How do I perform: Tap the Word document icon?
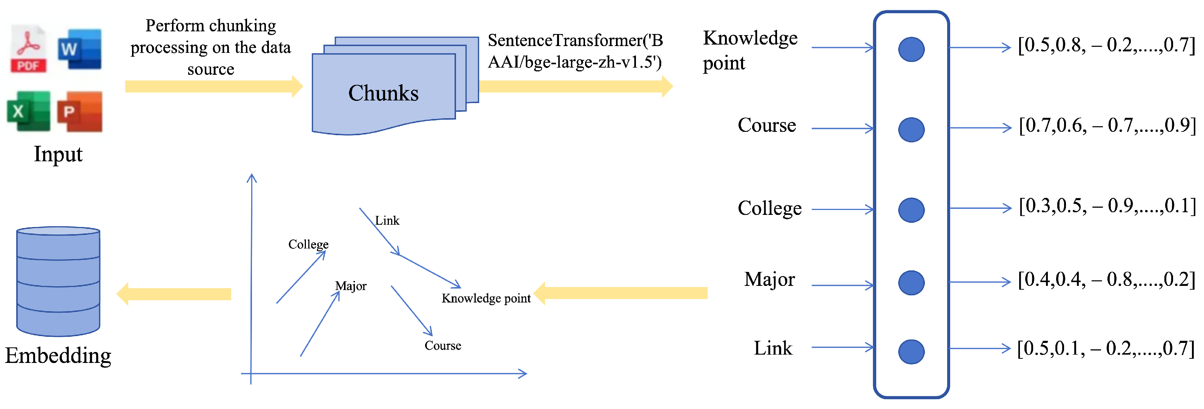pos(80,49)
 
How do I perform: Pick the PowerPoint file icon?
pos(80,111)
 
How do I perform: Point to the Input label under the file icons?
pos(58,154)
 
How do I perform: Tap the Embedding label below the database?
pos(58,356)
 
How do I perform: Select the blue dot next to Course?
pos(911,130)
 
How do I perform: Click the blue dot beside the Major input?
pos(911,282)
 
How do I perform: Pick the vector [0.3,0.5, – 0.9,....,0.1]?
pos(1107,206)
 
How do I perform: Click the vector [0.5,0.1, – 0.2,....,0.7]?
pos(1106,349)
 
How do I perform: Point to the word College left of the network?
pos(769,208)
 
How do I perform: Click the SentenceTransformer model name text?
pos(575,51)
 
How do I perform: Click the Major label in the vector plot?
pos(350,286)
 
